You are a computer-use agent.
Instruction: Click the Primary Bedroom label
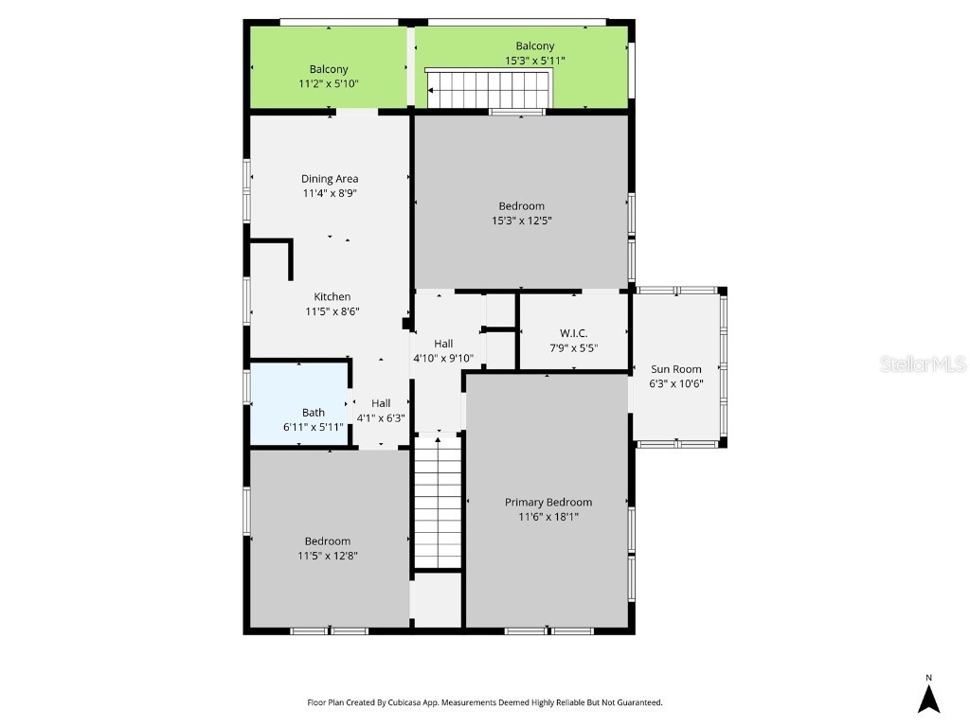pos(548,503)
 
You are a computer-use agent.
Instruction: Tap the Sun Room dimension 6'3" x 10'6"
pos(676,383)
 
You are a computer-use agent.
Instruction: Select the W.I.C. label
pos(573,333)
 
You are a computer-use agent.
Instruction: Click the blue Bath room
pos(298,403)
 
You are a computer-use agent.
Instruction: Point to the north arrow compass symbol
pos(928,698)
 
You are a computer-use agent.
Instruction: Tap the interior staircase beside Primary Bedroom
pos(438,502)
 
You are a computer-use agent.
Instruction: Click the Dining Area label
pos(330,179)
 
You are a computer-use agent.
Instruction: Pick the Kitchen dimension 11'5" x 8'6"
pos(332,311)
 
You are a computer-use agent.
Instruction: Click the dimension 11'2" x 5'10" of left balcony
pos(329,84)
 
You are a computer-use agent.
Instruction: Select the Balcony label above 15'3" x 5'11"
pos(535,46)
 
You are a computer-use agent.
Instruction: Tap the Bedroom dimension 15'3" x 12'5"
pos(521,221)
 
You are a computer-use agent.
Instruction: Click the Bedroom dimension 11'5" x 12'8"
pos(327,557)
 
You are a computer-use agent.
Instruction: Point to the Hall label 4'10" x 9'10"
pos(443,344)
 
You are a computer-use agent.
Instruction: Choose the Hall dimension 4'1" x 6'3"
pos(380,417)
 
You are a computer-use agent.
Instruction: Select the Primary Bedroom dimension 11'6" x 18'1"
pos(548,517)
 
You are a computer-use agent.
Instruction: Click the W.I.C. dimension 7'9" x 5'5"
pos(573,347)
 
